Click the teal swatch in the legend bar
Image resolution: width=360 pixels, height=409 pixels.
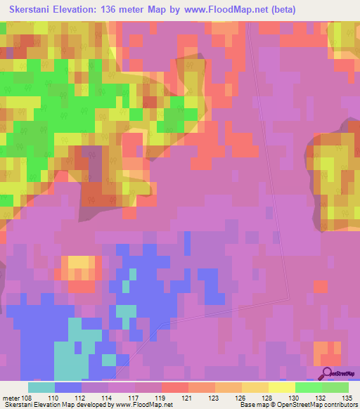click(x=41, y=387)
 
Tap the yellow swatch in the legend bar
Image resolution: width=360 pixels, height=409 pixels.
click(x=281, y=387)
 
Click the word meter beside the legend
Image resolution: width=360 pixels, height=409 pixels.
click(x=10, y=398)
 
